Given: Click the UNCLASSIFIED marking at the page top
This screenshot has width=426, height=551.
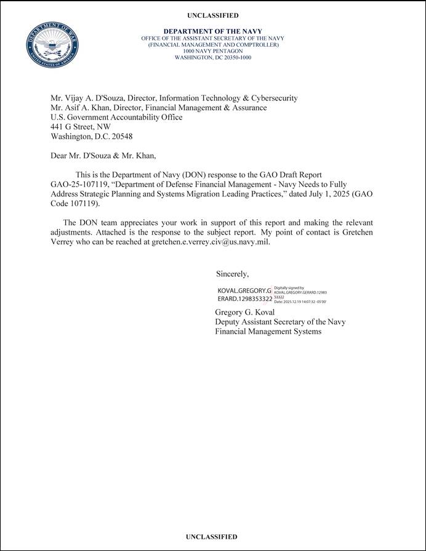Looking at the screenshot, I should pyautogui.click(x=213, y=15).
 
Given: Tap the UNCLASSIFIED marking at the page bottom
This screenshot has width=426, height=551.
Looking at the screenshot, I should pyautogui.click(x=211, y=537).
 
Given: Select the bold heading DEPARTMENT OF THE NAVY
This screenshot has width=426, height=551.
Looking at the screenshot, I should pyautogui.click(x=213, y=31).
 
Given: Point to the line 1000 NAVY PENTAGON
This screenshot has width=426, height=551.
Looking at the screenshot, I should pyautogui.click(x=213, y=51).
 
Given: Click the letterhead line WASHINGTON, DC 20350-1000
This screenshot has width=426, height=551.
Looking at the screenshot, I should pyautogui.click(x=213, y=57).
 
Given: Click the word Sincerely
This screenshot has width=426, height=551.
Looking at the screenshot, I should pyautogui.click(x=232, y=274).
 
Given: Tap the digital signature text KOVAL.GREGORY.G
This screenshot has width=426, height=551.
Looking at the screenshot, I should pyautogui.click(x=244, y=290).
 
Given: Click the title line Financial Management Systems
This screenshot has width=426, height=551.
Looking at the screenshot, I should pyautogui.click(x=268, y=332).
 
